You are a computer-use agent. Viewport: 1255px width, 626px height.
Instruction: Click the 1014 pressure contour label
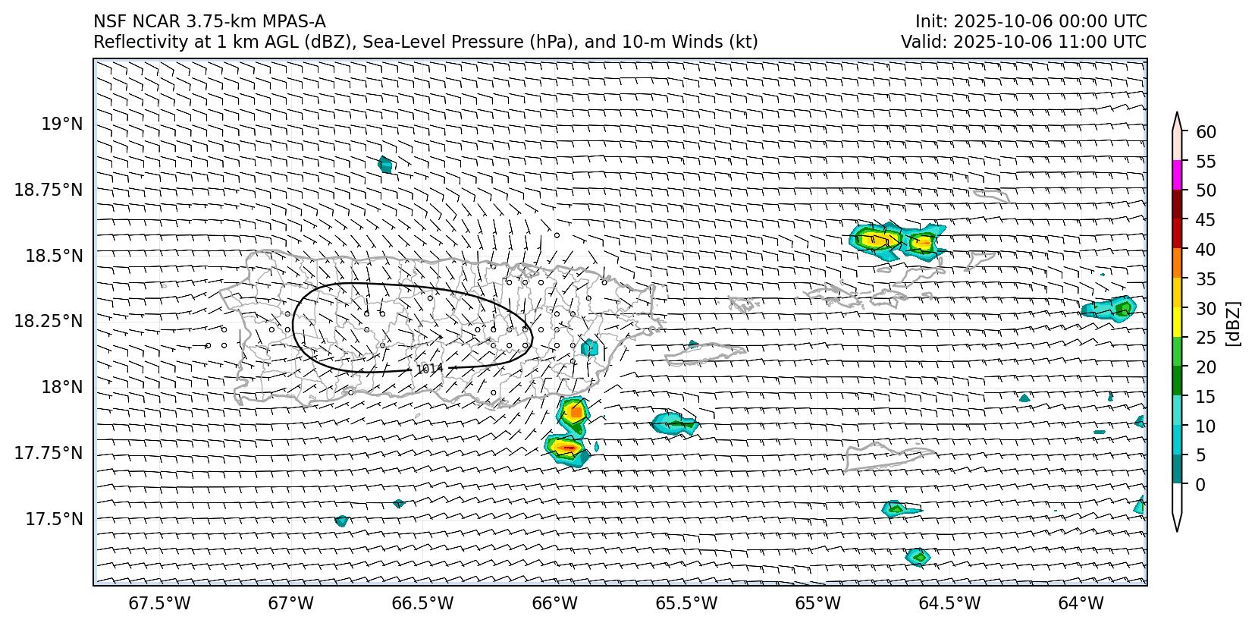429,369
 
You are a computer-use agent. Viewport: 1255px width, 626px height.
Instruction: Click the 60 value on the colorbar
1206,132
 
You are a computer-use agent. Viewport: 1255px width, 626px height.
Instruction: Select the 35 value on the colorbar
1206,279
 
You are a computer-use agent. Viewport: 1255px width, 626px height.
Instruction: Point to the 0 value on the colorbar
1200,484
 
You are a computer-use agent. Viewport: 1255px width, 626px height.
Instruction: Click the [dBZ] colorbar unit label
1234,323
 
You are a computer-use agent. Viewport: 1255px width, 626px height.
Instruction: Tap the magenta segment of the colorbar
1177,175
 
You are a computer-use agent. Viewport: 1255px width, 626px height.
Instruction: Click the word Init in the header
929,21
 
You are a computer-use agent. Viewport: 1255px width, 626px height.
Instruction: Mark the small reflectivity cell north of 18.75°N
385,164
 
